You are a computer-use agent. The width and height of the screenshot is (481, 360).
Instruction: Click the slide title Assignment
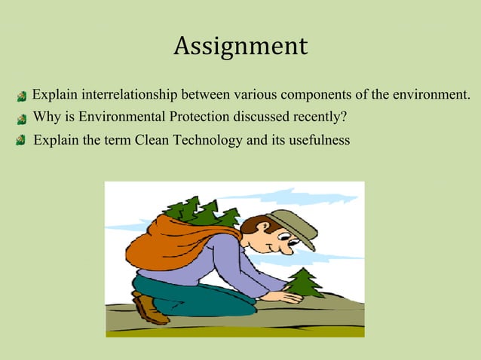[x=240, y=47]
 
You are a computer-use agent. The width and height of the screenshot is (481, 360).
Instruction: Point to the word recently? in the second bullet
[x=320, y=117]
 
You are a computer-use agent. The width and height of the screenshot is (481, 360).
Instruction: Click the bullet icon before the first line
[x=22, y=96]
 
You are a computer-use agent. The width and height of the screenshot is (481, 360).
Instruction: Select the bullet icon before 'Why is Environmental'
[x=22, y=118]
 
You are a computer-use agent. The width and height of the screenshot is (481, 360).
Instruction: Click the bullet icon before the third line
[x=22, y=141]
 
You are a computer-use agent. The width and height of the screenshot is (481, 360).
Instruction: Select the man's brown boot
[x=149, y=308]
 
